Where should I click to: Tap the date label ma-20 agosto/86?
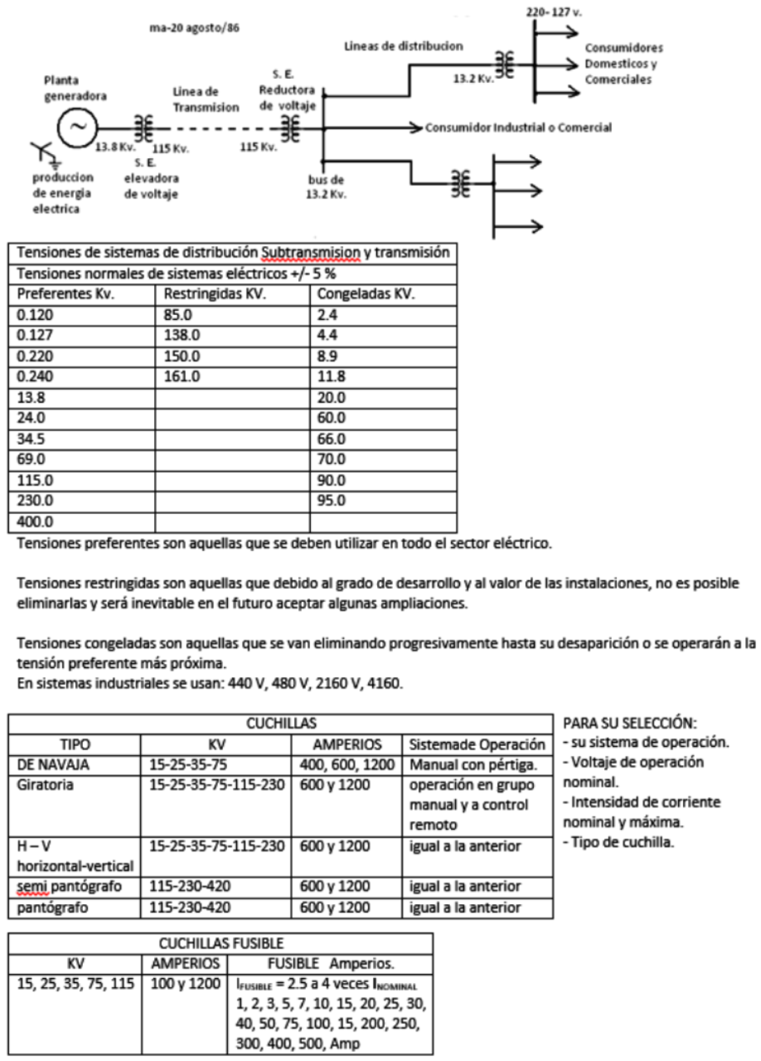(x=194, y=29)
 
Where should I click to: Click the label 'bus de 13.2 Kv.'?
(x=325, y=187)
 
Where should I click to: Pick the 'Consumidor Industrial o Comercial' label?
(x=518, y=127)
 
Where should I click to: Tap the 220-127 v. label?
(x=549, y=13)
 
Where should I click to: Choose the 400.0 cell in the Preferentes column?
(x=35, y=522)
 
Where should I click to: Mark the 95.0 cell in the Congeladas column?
(x=331, y=501)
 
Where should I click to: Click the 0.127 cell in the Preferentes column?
(x=35, y=335)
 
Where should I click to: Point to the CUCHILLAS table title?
(x=281, y=723)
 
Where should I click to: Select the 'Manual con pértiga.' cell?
(x=473, y=764)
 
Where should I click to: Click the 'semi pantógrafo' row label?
(x=69, y=886)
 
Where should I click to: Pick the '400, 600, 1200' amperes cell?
(x=346, y=764)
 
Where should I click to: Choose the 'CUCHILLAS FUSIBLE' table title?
(x=221, y=943)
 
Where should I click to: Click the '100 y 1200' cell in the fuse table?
(x=185, y=984)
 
